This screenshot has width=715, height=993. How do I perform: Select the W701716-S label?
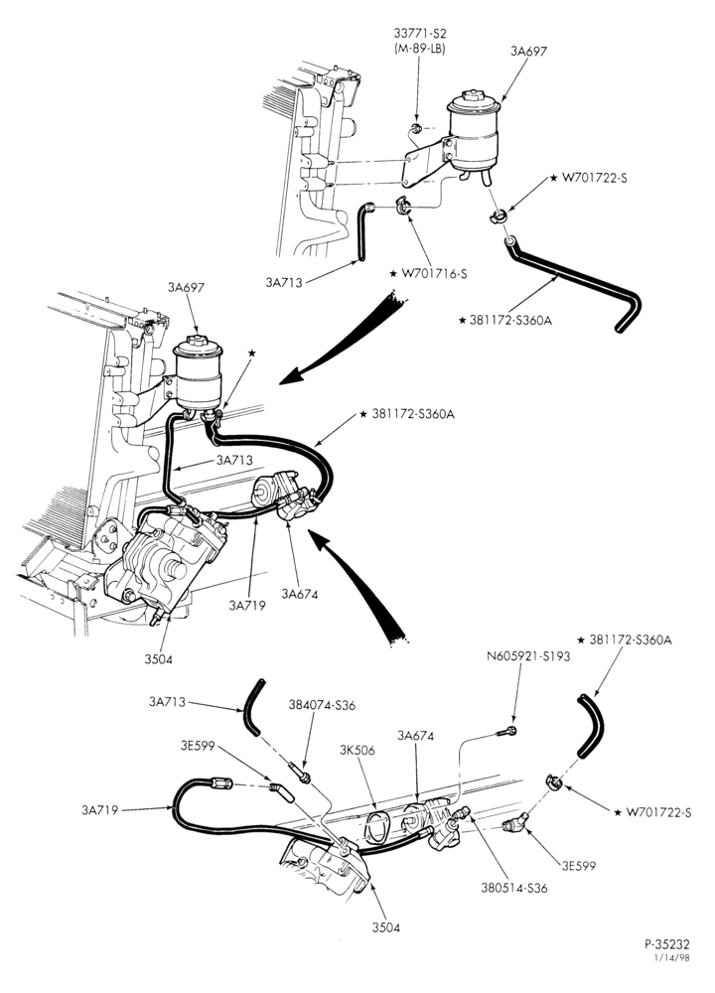coord(434,274)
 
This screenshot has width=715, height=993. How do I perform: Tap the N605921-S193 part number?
coord(528,656)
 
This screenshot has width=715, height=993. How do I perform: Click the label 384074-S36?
coord(322,705)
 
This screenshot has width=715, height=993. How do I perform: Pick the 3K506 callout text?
coord(357,751)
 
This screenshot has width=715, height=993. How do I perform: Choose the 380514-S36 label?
coord(513,888)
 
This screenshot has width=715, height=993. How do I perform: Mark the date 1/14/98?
coord(672,957)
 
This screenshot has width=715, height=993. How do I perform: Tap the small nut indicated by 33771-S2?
coord(416,130)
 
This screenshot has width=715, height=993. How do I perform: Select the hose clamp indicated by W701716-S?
coord(403,206)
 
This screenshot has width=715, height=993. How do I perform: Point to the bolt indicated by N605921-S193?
coord(507,732)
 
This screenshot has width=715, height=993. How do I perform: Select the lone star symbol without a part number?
coord(251,353)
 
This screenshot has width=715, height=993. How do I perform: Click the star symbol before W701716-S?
coord(394,274)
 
